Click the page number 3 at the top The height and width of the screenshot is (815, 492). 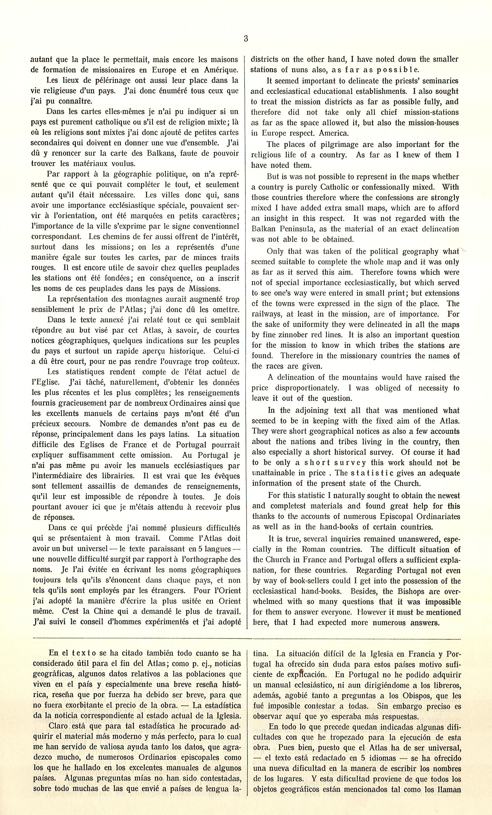tap(246, 39)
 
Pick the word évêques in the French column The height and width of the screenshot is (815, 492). tap(224, 476)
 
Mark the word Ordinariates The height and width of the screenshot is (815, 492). tap(435, 516)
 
